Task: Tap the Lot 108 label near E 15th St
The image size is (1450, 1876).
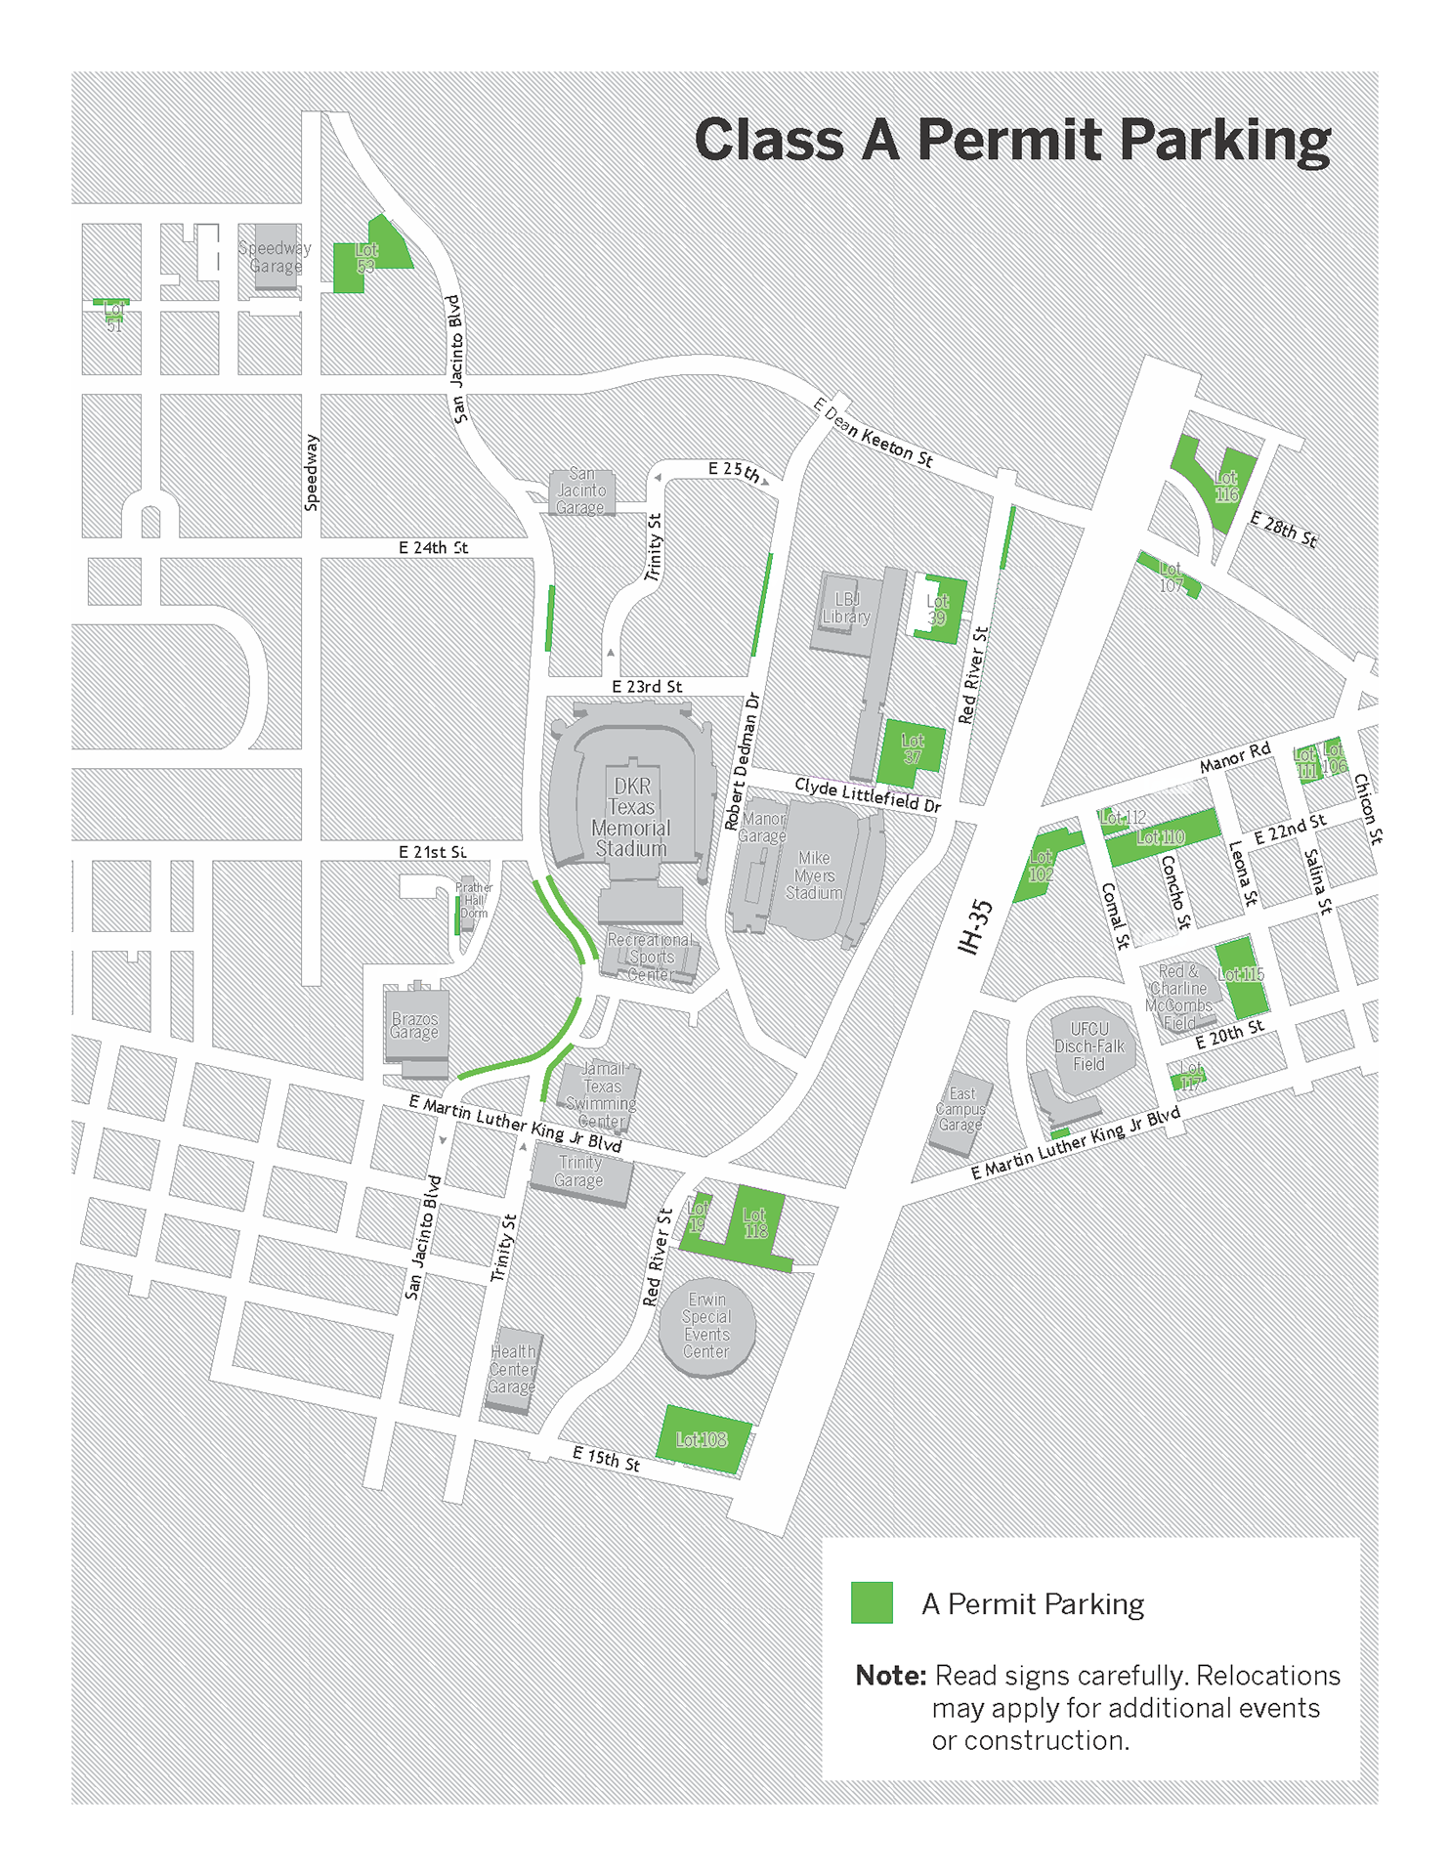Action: coord(702,1439)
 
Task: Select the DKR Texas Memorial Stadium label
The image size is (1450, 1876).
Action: coord(631,817)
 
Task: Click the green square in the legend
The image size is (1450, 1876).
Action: coord(872,1603)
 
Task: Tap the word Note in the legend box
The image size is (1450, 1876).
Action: coord(890,1676)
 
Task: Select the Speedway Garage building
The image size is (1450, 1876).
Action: coord(276,257)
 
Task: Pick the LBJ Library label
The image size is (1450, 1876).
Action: coord(846,609)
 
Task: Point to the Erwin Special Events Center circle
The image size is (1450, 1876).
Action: coord(706,1326)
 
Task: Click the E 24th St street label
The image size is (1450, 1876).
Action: coord(433,548)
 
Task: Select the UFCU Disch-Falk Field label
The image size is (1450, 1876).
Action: coord(1089,1046)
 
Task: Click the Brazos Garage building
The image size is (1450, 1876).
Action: coord(415,1026)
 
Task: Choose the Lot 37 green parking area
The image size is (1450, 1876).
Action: coord(912,749)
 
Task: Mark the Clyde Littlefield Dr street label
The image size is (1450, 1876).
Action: coord(867,794)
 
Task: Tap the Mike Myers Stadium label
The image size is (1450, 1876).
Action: coord(814,874)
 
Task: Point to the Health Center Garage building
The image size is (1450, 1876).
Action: coord(512,1369)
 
